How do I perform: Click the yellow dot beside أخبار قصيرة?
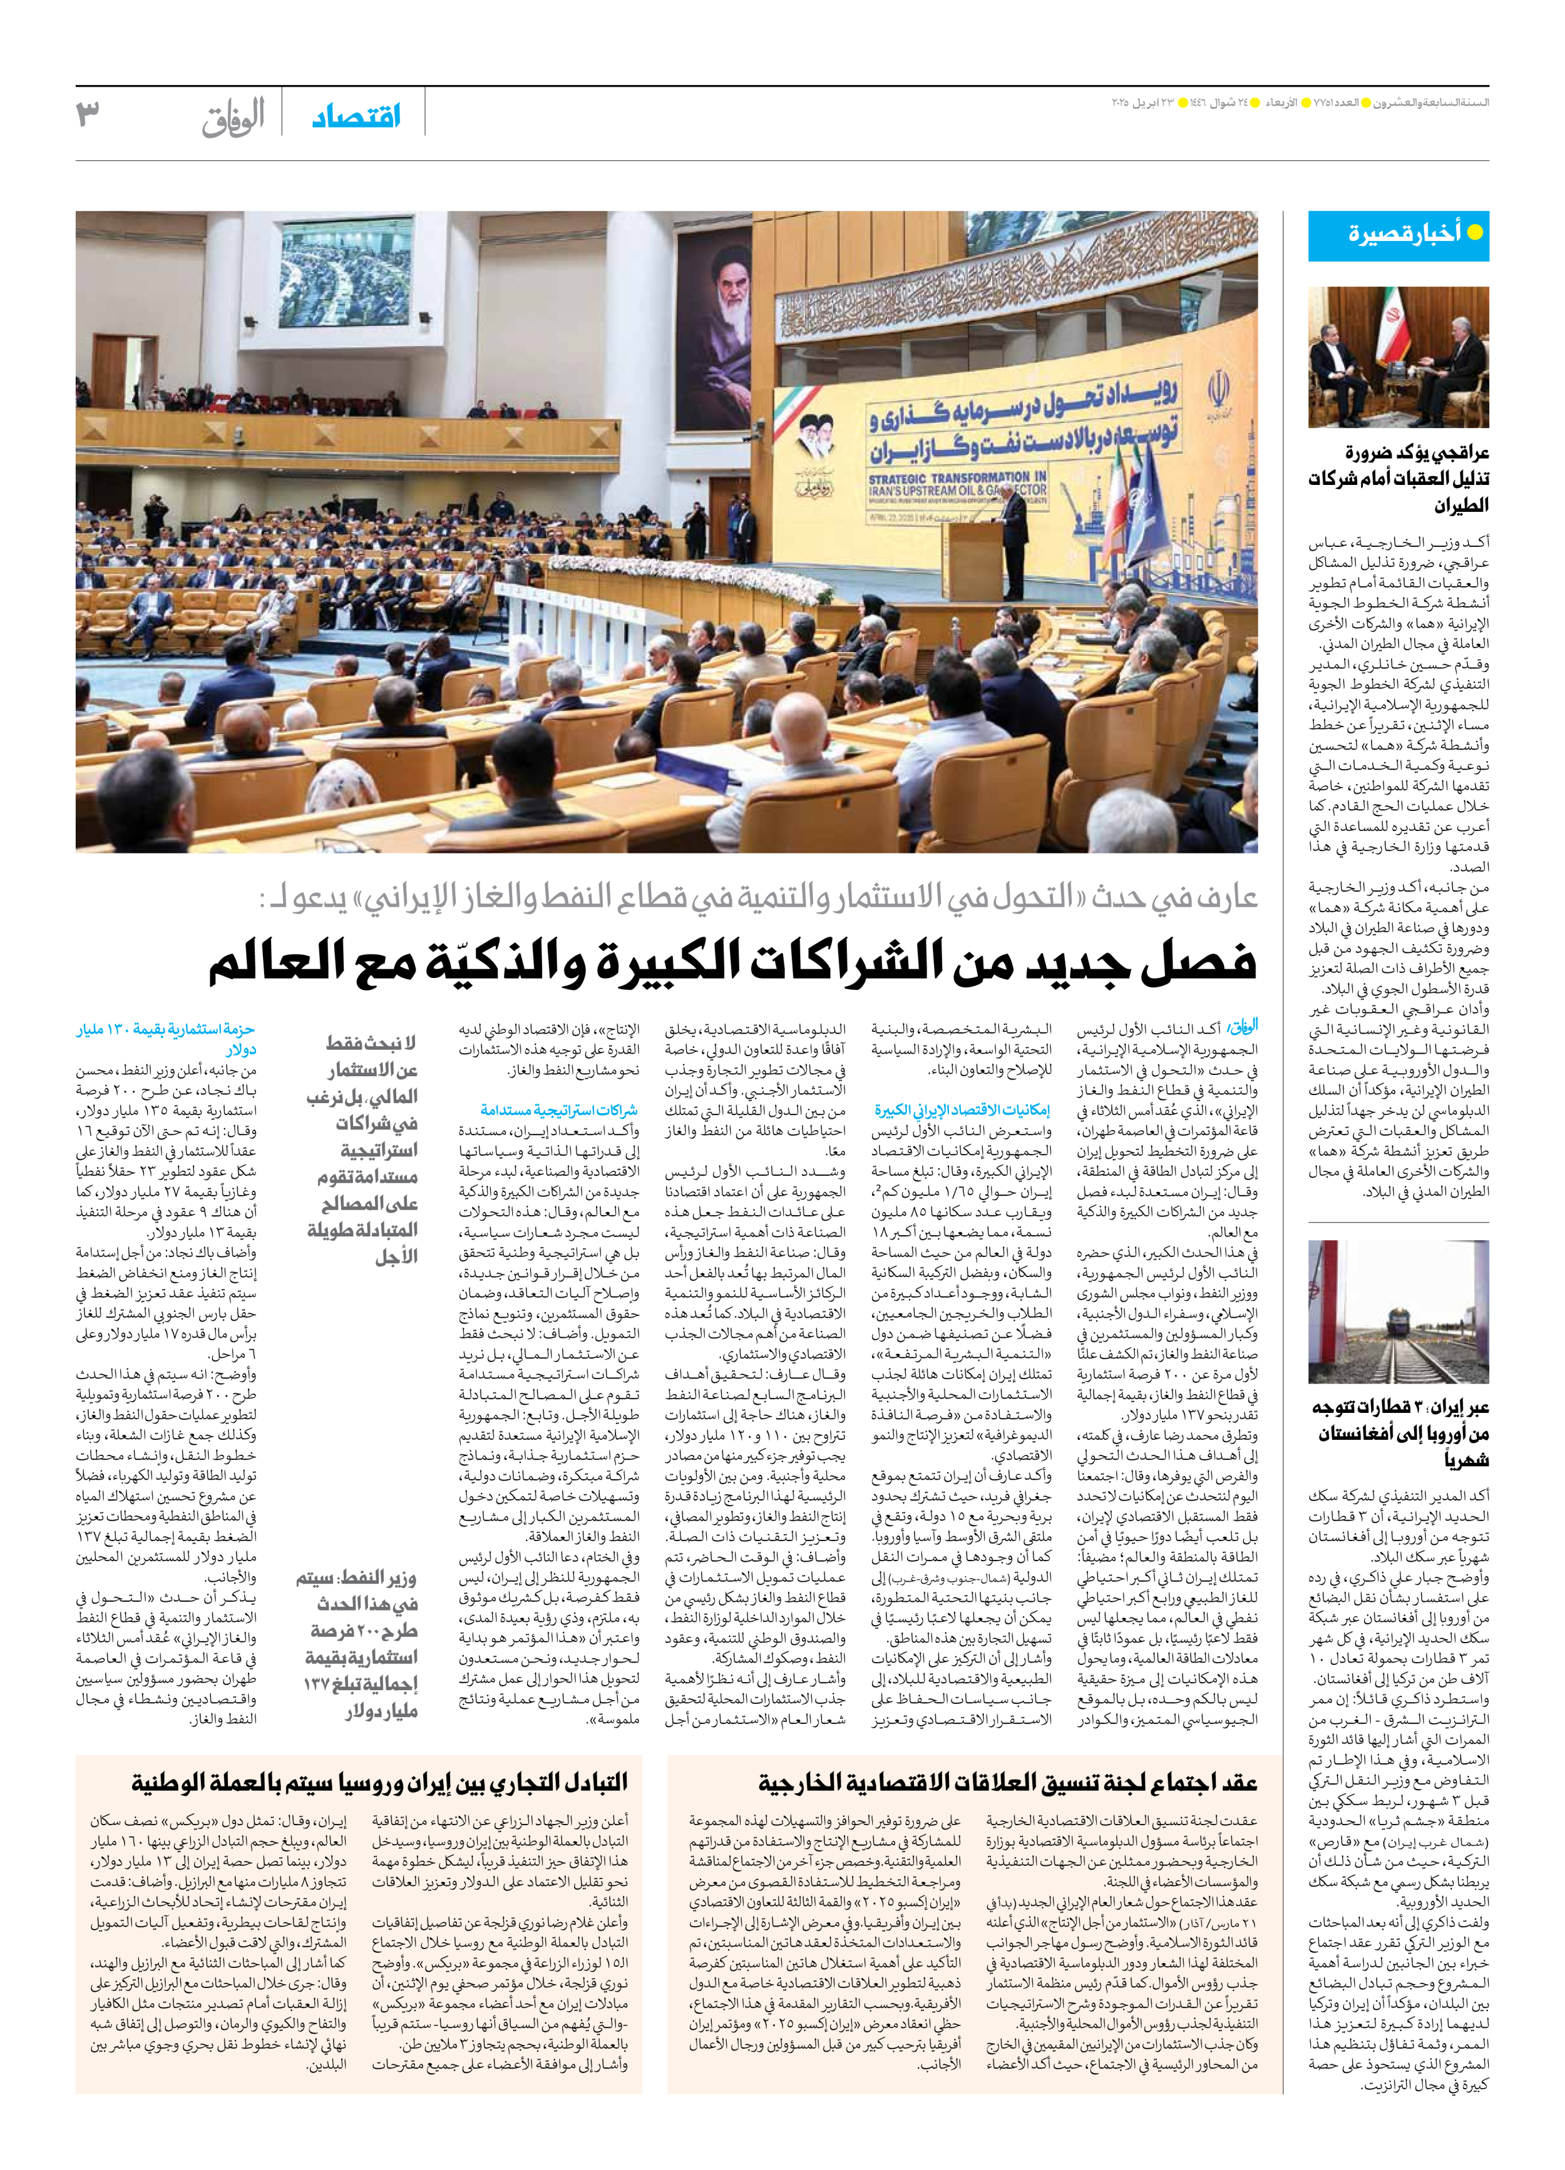click(1475, 233)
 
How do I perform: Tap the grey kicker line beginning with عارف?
click(756, 899)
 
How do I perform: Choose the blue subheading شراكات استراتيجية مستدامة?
click(559, 1110)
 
